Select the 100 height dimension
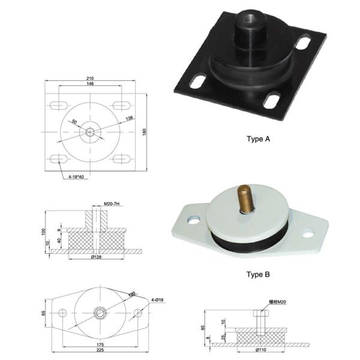tap(44, 232)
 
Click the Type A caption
tap(259, 139)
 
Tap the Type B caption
tap(259, 275)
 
